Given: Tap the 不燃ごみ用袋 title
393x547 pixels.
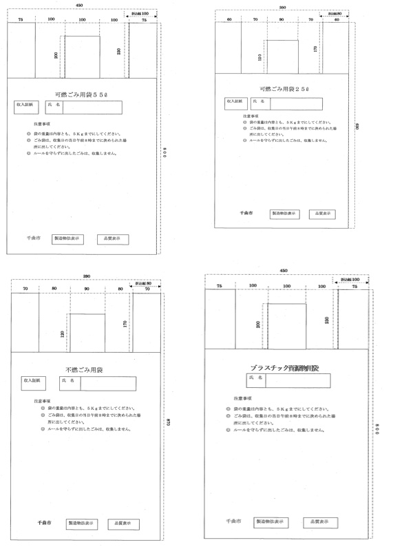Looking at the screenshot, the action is pos(85,370).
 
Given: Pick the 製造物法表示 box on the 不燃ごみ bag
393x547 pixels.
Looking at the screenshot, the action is pos(82,524).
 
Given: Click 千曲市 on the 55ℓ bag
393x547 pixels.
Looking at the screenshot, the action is pos(34,238).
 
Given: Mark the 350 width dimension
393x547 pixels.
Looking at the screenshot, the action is pos(282,7).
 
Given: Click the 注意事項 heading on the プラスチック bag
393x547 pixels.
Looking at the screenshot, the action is pos(242,398).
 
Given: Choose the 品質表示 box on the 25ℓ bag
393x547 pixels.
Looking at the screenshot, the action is pos(322,214).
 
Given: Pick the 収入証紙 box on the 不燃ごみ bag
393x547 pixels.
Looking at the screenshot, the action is pos(34,380).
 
